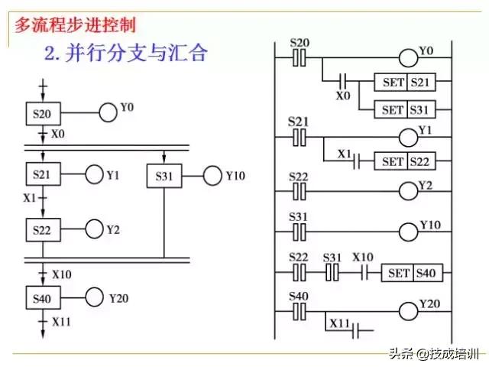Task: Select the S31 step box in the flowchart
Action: point(164,176)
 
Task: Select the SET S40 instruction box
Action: point(415,273)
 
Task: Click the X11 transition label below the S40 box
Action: point(61,322)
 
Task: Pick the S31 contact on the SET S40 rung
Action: point(331,273)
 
